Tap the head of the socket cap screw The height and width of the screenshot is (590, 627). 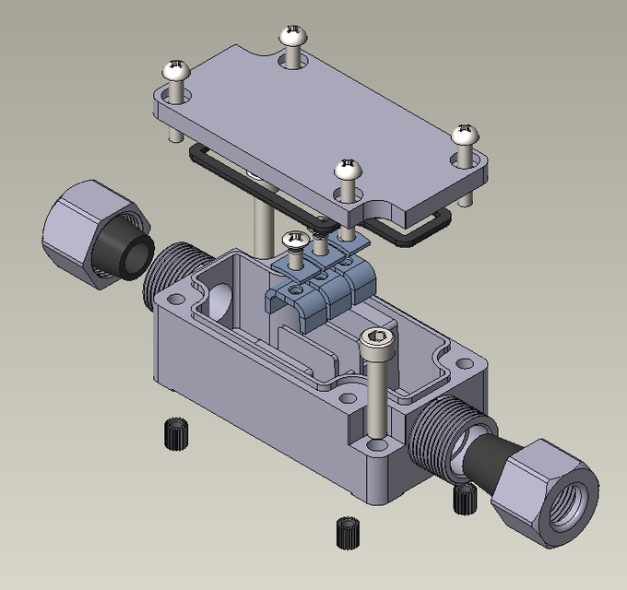click(x=379, y=341)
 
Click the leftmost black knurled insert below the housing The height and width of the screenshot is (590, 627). click(x=172, y=432)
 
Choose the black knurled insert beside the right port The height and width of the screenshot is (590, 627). click(x=465, y=499)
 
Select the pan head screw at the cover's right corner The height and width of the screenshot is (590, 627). click(x=467, y=136)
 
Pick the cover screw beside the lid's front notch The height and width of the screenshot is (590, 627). click(x=347, y=170)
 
